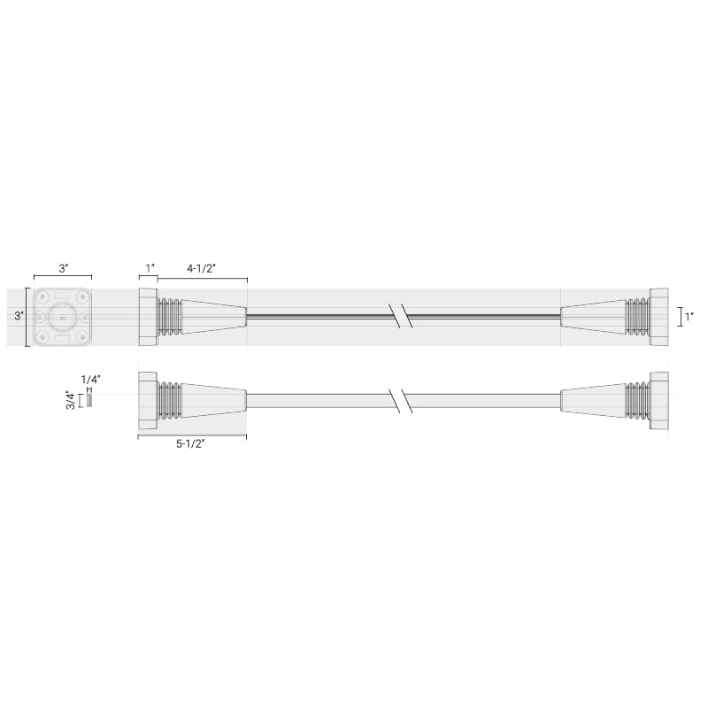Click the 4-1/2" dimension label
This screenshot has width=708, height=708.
tap(202, 269)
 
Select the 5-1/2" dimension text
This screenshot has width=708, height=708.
tap(190, 444)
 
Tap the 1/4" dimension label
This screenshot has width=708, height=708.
tap(90, 379)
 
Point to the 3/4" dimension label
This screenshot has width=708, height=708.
tap(71, 400)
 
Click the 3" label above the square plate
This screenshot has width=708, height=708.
tap(64, 269)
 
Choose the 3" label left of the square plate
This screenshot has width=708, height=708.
tap(19, 316)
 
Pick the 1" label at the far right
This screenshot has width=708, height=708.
tap(689, 317)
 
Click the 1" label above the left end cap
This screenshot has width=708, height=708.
tap(150, 269)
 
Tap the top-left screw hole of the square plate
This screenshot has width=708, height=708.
tap(42, 297)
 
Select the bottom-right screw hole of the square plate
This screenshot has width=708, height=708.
tap(82, 336)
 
